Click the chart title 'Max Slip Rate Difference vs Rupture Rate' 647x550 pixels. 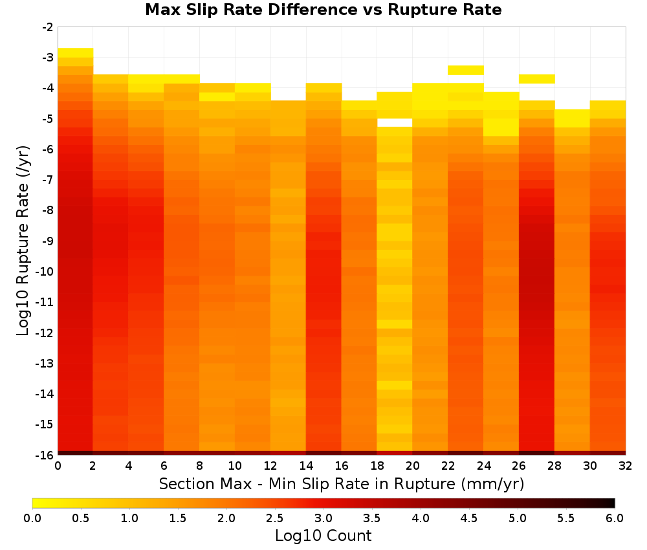coord(323,10)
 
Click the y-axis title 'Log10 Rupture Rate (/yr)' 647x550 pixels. coord(23,241)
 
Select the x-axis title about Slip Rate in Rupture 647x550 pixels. coord(341,483)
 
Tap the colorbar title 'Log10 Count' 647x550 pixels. coord(323,536)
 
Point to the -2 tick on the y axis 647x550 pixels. coord(48,27)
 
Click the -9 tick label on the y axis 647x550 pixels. coord(48,241)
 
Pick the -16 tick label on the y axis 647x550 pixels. coord(45,455)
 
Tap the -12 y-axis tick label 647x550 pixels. coord(45,333)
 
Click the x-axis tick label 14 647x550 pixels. coord(306,466)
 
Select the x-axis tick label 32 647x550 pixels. coord(625,466)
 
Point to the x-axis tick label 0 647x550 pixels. coord(58,466)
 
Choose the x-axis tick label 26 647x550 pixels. coord(519,466)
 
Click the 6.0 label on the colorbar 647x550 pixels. coord(615,518)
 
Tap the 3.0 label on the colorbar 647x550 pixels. coord(323,518)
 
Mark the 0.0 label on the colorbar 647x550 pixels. coord(32,518)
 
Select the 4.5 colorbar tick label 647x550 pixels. coord(468,518)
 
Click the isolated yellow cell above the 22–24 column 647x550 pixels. coord(465,70)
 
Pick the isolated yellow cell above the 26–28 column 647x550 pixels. coord(536,79)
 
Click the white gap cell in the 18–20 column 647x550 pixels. coord(395,122)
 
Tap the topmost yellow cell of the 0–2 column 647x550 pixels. coord(76,53)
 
